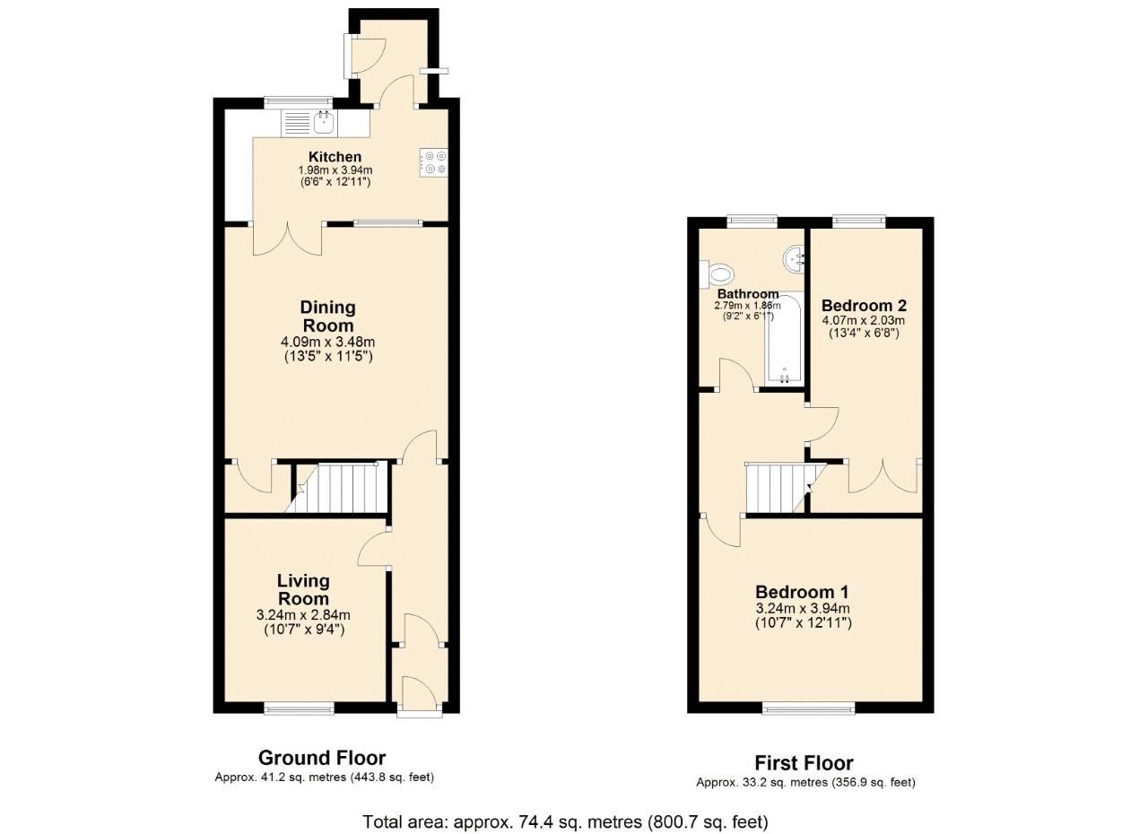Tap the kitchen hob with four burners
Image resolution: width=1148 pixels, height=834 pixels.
point(434,162)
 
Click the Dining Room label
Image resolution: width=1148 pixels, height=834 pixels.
point(327,317)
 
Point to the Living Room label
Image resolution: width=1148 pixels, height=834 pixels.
point(302,590)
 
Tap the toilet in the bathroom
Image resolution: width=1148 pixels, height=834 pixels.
point(720,272)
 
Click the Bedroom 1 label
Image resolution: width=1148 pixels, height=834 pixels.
point(802,592)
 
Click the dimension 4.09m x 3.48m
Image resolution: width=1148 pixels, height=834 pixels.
point(327,342)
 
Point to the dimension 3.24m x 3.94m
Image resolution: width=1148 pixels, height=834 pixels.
point(802,609)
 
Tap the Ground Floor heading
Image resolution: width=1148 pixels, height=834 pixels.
point(322,757)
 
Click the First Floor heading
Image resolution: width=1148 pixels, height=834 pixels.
point(804,763)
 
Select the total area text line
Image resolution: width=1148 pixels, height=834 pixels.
point(565,821)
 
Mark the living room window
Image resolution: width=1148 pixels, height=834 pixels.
point(300,709)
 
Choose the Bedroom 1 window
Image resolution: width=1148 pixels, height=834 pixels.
point(808,709)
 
